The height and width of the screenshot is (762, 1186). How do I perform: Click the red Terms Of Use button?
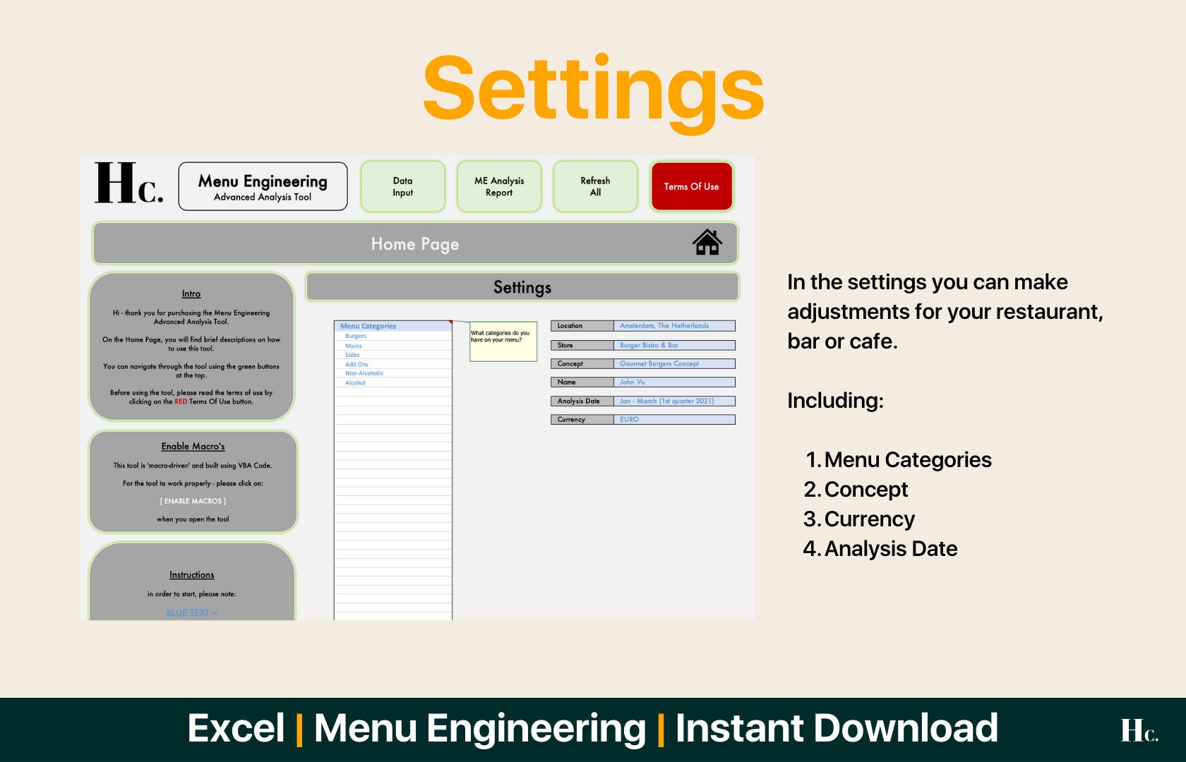(691, 187)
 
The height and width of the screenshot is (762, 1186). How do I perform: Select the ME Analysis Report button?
(499, 187)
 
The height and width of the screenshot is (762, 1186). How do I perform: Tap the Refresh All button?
(595, 187)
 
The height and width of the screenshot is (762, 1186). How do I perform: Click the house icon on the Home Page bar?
(707, 243)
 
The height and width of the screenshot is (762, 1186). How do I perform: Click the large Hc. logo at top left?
(128, 184)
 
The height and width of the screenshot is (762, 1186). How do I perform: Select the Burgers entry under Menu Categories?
(356, 337)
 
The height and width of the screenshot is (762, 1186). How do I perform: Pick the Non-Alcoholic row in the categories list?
(364, 373)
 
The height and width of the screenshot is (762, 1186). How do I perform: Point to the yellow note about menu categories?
(503, 341)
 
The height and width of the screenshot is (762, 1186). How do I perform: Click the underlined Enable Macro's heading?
(193, 447)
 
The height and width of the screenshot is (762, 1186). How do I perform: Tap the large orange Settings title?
(593, 90)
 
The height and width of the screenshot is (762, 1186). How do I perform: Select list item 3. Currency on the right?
(868, 519)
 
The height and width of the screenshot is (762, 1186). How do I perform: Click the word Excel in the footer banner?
(236, 729)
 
